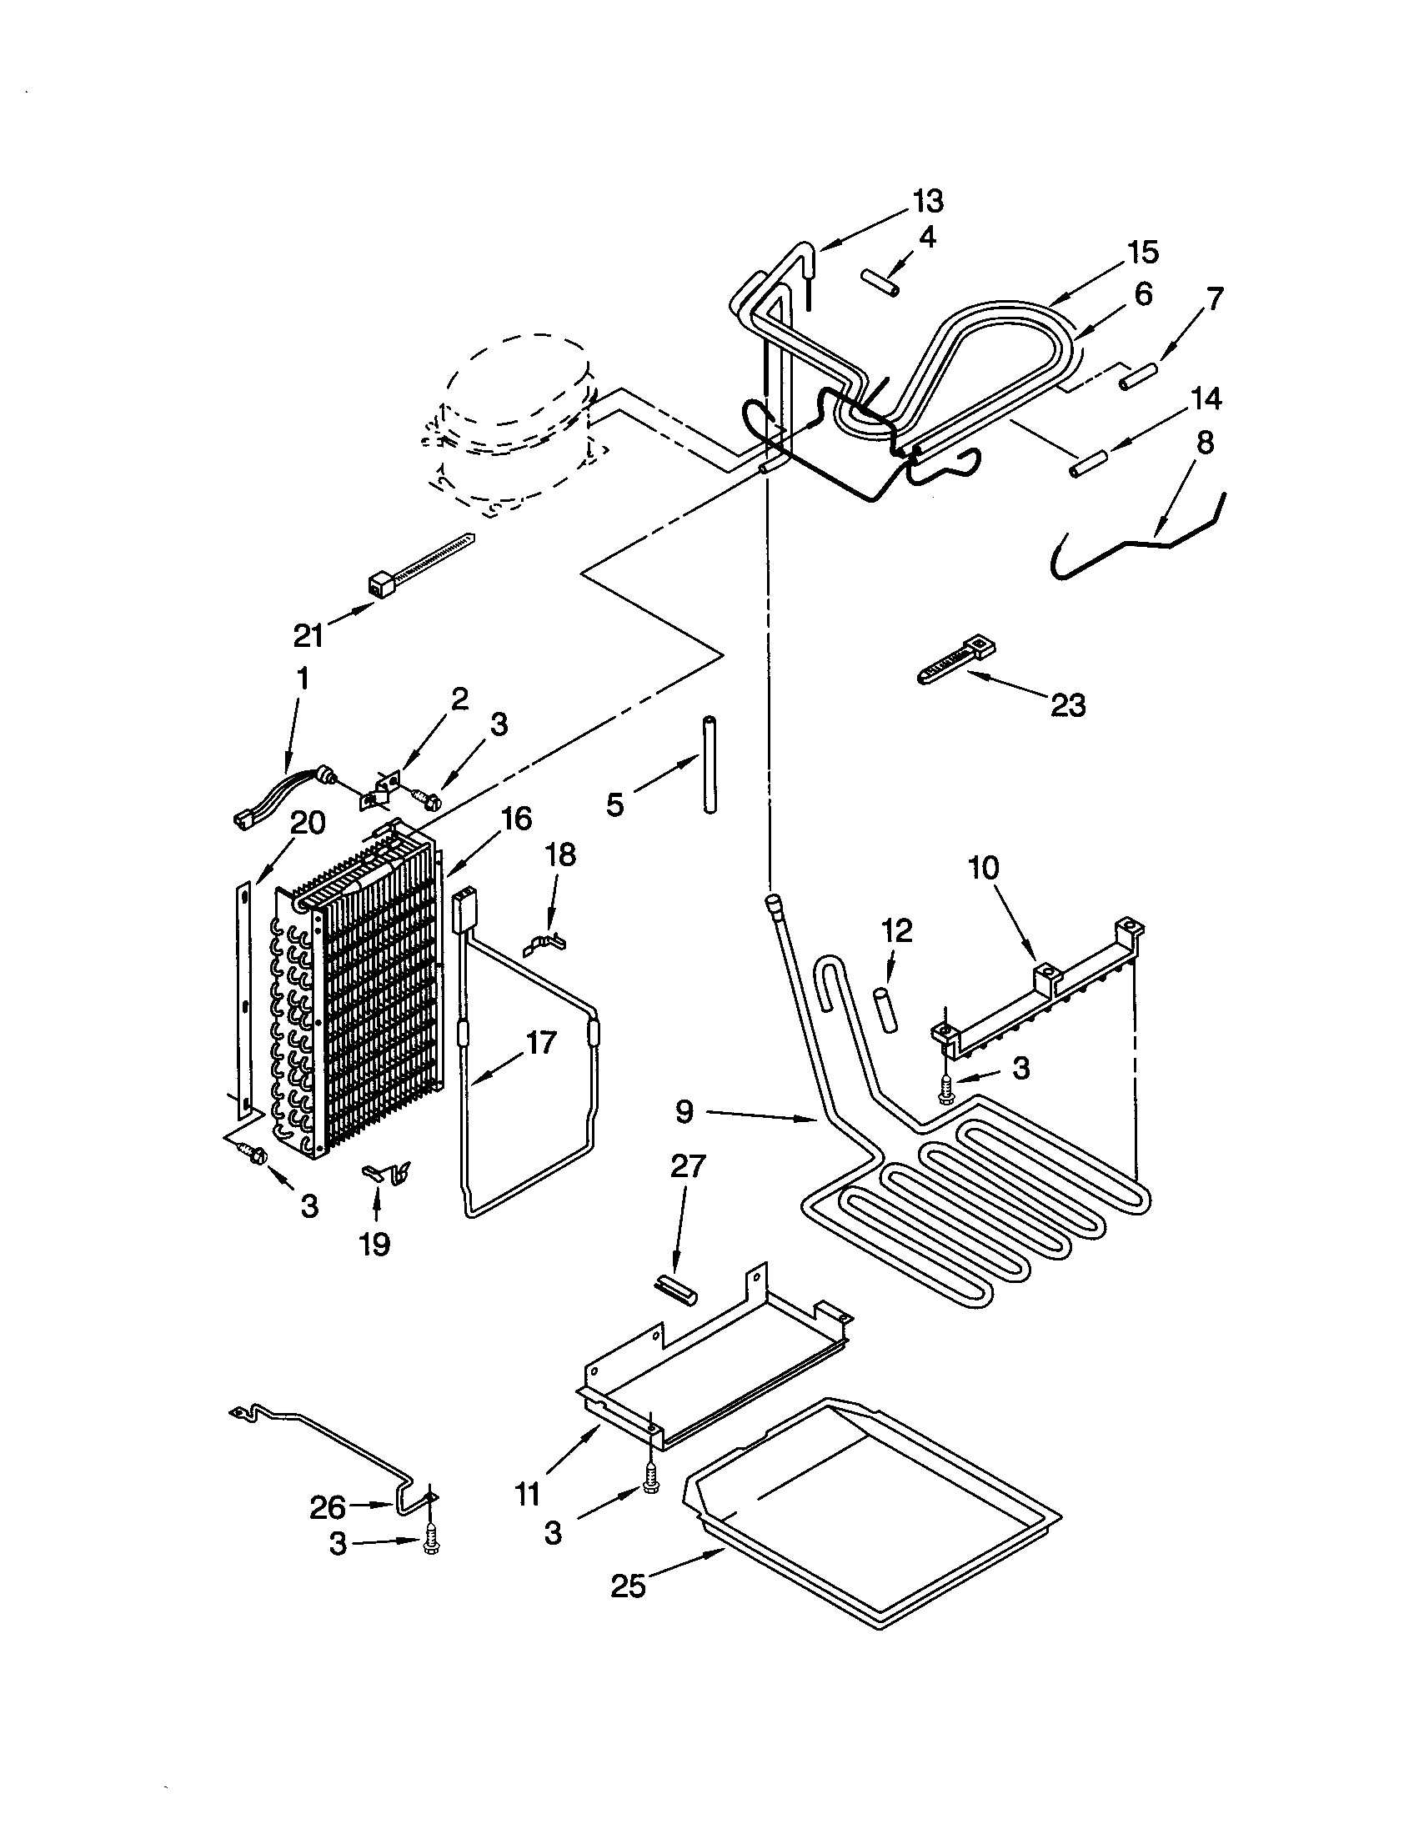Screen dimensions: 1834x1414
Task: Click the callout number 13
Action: [928, 201]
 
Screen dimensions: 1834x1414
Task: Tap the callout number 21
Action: [308, 636]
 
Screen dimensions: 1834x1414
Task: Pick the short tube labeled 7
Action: [1140, 374]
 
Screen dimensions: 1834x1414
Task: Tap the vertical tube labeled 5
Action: [710, 764]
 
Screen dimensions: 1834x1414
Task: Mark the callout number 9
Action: [684, 1112]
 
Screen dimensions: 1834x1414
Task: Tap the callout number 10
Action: [984, 868]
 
